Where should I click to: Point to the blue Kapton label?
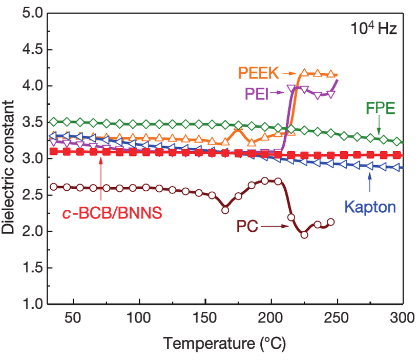click(370, 208)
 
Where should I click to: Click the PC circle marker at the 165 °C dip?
click(225, 210)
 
